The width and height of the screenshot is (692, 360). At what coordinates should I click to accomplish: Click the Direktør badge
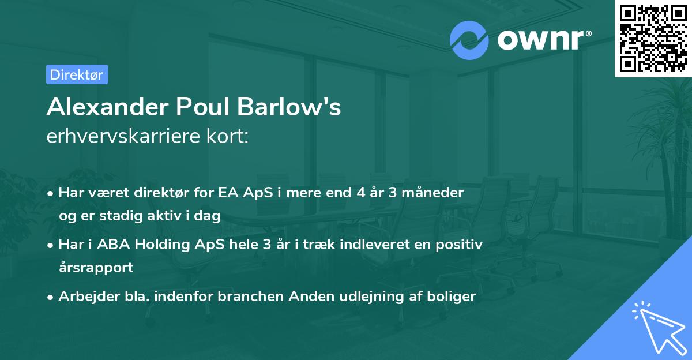(x=77, y=74)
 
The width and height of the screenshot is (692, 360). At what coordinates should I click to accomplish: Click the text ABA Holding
(x=128, y=244)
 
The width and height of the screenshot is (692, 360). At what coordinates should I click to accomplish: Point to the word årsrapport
(x=96, y=267)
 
